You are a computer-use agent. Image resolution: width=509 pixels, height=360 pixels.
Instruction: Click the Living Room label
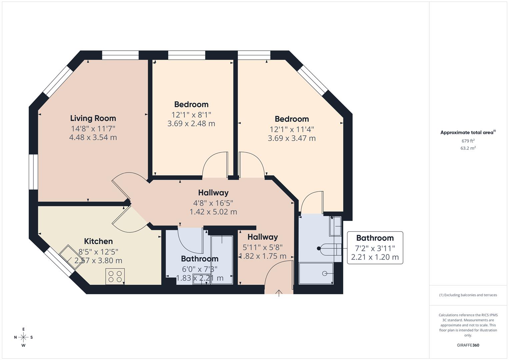tap(93, 118)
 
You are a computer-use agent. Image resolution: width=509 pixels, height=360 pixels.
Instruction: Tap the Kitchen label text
tap(98, 241)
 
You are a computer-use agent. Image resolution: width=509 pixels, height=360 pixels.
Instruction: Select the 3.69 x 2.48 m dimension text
tap(191, 124)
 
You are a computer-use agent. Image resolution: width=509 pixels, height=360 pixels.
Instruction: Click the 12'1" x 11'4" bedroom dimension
tap(292, 129)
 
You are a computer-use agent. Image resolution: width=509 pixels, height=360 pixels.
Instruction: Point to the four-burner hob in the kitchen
tap(115, 276)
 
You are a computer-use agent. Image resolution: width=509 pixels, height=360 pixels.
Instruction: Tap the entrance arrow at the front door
tap(279, 293)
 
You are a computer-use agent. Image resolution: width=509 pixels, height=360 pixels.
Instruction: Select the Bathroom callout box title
tap(375, 238)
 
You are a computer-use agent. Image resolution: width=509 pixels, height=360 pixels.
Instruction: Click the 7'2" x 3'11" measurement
tap(375, 248)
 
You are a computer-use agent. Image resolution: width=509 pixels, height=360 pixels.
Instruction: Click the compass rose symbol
tap(23, 337)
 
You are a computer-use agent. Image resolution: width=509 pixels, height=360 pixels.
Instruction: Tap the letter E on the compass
tap(23, 329)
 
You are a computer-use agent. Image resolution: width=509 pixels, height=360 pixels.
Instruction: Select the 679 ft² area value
tap(468, 141)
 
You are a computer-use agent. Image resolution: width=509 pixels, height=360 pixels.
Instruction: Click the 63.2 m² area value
tap(468, 148)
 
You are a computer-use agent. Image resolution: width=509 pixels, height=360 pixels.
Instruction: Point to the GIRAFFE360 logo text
tap(468, 345)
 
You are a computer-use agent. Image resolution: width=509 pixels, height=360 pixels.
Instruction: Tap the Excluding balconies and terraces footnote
tap(468, 295)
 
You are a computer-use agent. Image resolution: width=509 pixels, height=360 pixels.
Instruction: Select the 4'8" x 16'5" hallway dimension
tap(213, 203)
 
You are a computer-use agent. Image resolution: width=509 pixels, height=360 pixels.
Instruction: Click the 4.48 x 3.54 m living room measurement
tap(93, 137)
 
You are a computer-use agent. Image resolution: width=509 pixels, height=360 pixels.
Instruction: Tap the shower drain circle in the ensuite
tap(324, 273)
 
